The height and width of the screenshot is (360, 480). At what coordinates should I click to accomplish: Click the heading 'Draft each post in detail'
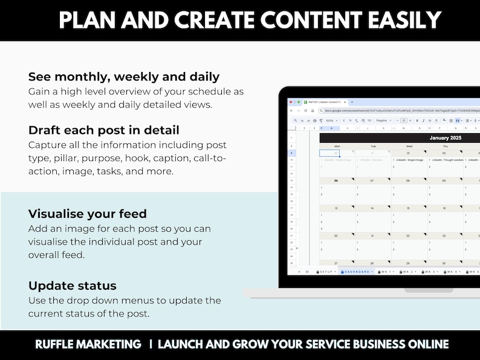tap(103, 130)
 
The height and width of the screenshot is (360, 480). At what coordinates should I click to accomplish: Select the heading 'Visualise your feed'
tap(87, 214)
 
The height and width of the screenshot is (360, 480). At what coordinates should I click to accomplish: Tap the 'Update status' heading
tap(72, 286)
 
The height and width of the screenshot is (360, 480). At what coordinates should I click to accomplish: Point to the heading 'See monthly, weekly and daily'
tap(123, 77)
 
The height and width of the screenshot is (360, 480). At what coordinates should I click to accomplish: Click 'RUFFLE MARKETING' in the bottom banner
tap(88, 344)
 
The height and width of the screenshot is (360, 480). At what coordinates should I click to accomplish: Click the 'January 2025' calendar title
tap(446, 138)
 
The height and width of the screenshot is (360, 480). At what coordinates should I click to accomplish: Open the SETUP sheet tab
tap(326, 272)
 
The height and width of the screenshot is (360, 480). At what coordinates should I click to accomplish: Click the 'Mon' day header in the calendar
tap(337, 146)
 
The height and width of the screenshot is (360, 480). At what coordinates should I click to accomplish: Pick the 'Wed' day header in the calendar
tap(409, 146)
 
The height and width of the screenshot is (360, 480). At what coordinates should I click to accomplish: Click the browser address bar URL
tap(393, 111)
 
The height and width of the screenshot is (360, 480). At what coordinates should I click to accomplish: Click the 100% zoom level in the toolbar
tap(330, 120)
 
